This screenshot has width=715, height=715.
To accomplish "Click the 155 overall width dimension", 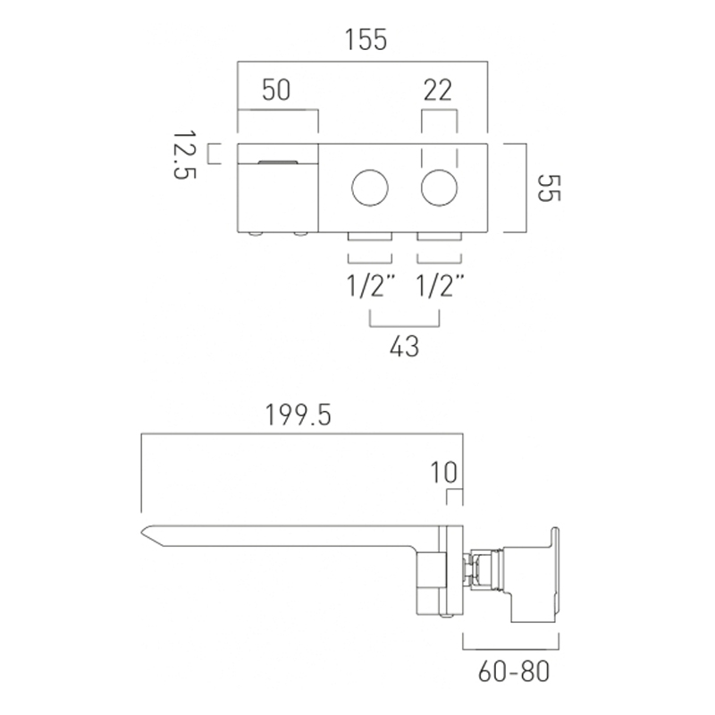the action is point(366,39).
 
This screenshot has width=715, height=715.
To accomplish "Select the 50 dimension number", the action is point(276,90).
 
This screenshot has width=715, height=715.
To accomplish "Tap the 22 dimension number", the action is point(438,90).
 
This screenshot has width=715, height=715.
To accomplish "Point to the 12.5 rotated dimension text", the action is point(185,156).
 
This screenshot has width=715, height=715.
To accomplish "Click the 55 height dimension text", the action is point(549,188).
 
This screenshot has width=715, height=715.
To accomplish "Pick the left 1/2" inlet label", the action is point(369,286).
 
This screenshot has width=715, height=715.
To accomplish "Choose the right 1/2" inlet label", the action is point(440,286).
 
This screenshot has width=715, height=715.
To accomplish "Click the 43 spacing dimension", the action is point(404,346).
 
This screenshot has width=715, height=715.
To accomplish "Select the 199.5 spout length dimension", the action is point(299,416).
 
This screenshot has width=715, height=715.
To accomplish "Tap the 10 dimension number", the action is point(443,472).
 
